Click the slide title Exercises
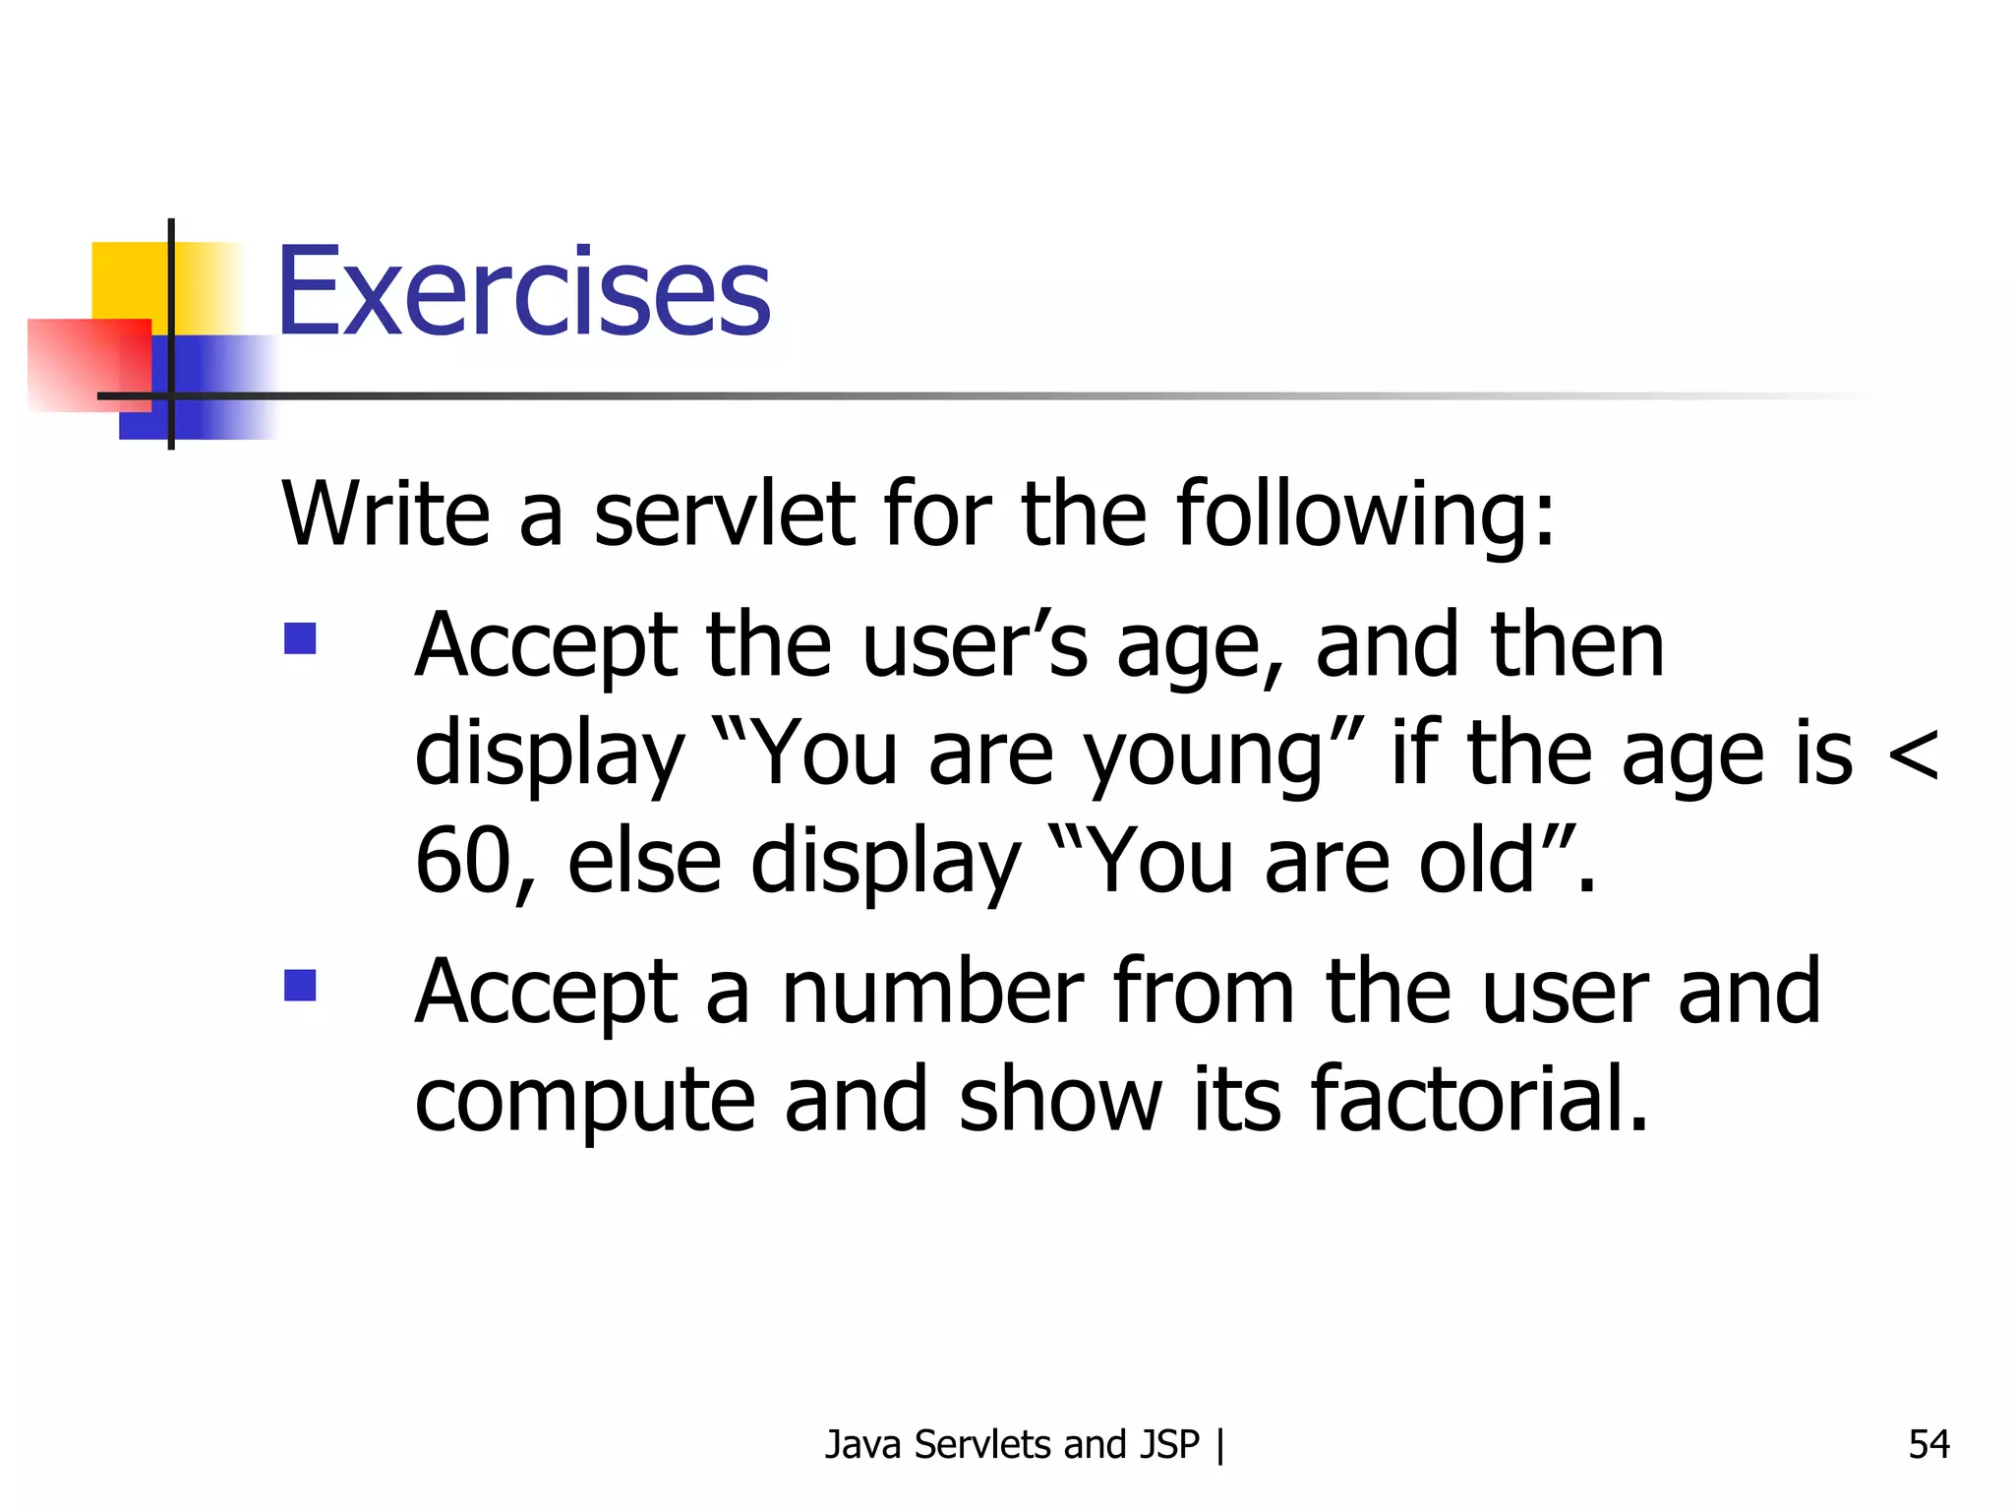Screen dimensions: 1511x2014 (x=523, y=291)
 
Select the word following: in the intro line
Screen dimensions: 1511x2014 (x=1366, y=515)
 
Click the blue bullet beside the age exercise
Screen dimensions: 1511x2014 (x=300, y=638)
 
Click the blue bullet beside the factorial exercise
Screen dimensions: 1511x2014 (x=300, y=985)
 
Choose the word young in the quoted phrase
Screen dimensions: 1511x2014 (x=1204, y=755)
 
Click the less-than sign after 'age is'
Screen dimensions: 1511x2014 (x=1913, y=755)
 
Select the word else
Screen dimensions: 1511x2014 (x=644, y=861)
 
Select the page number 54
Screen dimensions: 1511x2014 (x=1928, y=1444)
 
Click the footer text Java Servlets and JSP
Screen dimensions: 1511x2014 (x=1012, y=1444)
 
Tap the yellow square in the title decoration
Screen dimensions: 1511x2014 (x=128, y=279)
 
